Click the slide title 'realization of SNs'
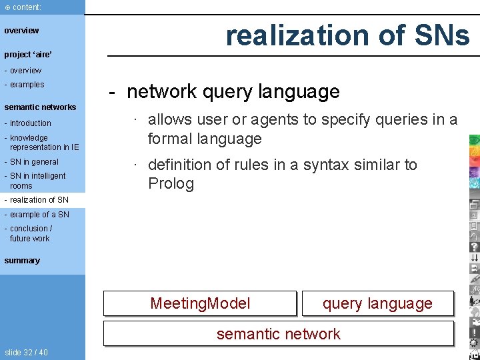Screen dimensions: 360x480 pos(347,35)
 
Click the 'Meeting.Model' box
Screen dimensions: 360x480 pos(200,304)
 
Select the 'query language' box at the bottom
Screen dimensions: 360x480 pos(377,304)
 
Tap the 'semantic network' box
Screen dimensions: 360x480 pos(278,334)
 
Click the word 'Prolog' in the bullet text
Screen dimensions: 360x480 pos(171,184)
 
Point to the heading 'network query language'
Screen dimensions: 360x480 pos(233,91)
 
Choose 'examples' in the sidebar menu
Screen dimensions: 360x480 pos(27,85)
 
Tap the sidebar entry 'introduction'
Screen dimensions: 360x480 pos(30,123)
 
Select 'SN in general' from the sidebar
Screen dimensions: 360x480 pos(34,162)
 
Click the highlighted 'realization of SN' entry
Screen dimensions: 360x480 pos(39,200)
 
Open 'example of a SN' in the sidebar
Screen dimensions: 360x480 pos(39,215)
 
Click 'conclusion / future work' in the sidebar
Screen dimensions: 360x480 pos(31,233)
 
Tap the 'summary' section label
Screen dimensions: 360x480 pos(22,261)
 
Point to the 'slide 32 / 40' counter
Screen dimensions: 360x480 pos(26,353)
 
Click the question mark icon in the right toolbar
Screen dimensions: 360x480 pos(474,247)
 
